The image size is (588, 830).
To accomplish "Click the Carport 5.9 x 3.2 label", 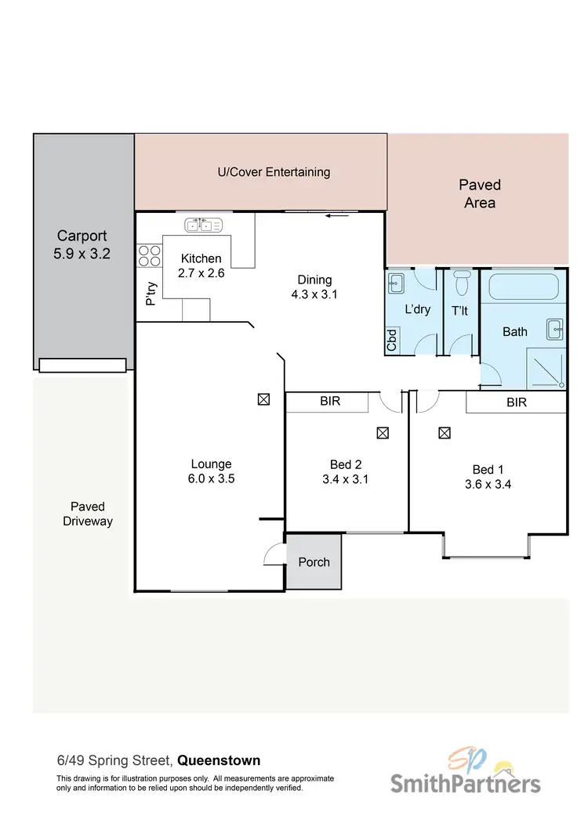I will pyautogui.click(x=82, y=244).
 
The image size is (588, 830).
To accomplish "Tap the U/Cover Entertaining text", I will pyautogui.click(x=274, y=172).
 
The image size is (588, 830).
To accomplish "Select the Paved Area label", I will pyautogui.click(x=479, y=194).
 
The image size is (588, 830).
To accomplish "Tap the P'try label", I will pyautogui.click(x=149, y=293).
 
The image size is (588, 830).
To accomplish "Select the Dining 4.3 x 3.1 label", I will pyautogui.click(x=315, y=287).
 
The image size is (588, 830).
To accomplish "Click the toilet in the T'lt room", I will pyautogui.click(x=461, y=280).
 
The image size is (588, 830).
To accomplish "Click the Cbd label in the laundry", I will pyautogui.click(x=391, y=339).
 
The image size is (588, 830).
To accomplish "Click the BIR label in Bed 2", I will pyautogui.click(x=329, y=402).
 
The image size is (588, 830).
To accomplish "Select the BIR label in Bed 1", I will pyautogui.click(x=517, y=402).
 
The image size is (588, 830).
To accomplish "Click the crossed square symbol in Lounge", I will pyautogui.click(x=263, y=399).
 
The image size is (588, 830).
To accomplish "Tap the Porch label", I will pyautogui.click(x=314, y=562).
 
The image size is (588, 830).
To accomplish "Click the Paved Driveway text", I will pyautogui.click(x=88, y=514).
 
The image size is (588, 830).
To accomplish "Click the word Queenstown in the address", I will pyautogui.click(x=219, y=760).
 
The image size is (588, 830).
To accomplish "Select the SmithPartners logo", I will pyautogui.click(x=465, y=773).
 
